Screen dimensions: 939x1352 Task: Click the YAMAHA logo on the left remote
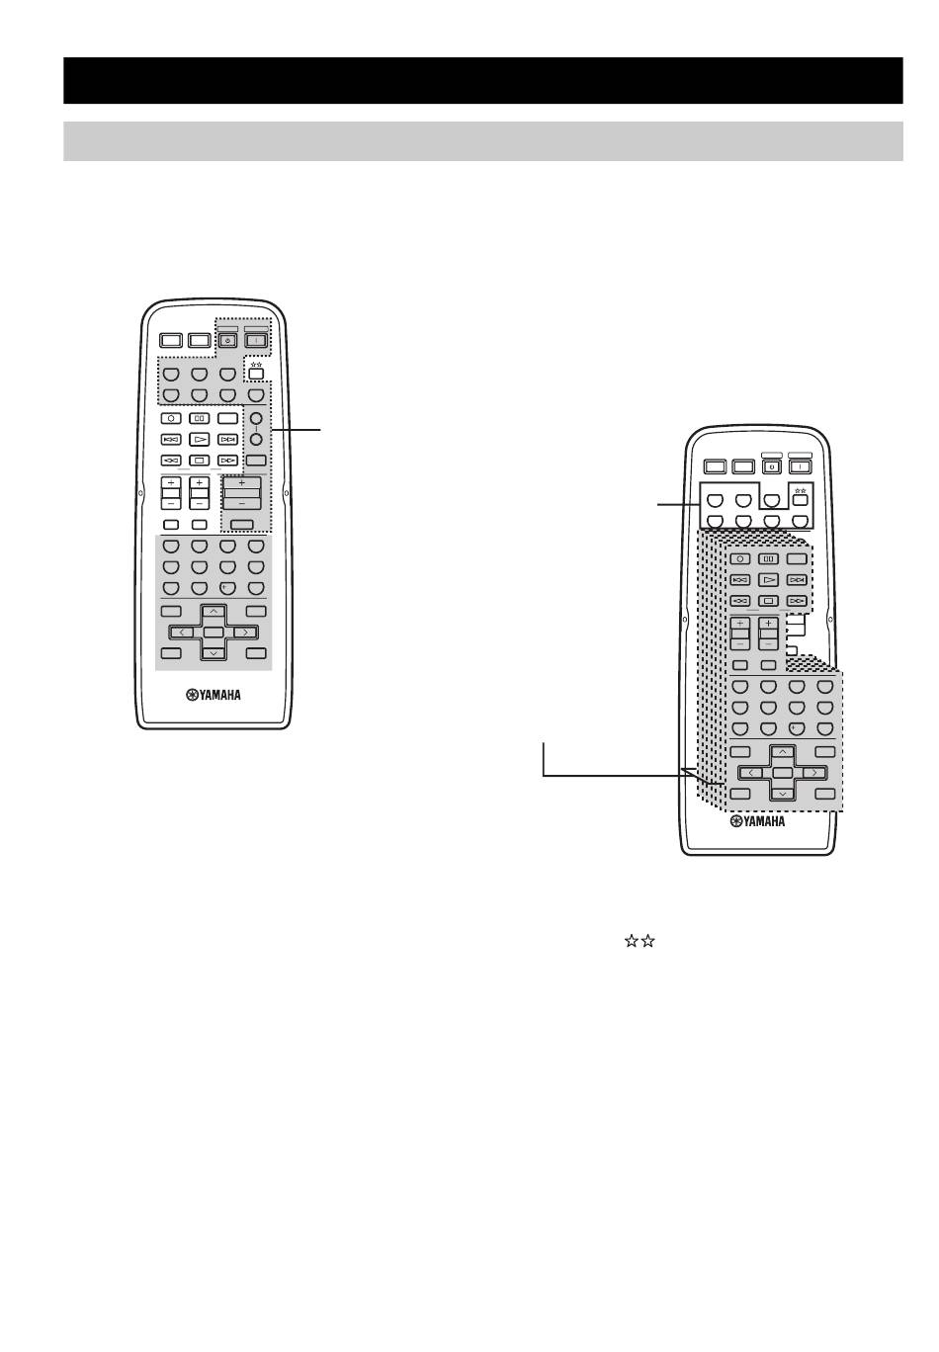tap(213, 696)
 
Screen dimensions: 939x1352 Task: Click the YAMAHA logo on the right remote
tap(757, 821)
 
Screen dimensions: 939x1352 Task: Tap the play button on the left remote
tap(200, 439)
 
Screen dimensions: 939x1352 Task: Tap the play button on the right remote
tap(769, 579)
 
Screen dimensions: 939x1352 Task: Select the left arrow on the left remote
tap(182, 633)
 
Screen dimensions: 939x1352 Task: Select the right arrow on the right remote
tap(814, 773)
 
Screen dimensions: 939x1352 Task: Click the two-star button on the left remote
tap(256, 373)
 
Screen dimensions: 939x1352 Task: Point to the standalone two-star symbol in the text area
tap(640, 941)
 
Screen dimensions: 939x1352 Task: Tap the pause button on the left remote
tap(200, 418)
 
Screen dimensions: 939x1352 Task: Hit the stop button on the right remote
tap(769, 601)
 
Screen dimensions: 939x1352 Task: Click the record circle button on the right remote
tap(740, 559)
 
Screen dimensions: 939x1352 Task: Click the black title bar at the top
tap(482, 80)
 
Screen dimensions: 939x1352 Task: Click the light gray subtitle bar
tap(482, 141)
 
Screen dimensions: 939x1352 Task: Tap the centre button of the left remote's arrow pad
tap(213, 632)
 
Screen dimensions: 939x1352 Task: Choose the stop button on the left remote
tap(200, 461)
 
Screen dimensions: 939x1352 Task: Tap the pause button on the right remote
tap(769, 559)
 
